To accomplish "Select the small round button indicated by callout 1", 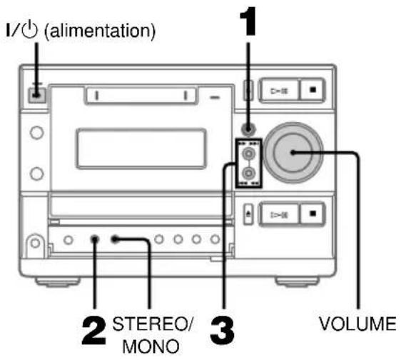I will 248,129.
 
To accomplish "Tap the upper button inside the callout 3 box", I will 248,153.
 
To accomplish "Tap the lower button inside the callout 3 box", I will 248,174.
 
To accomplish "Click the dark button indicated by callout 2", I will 94,238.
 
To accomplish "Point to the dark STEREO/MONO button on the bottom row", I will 116,238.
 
